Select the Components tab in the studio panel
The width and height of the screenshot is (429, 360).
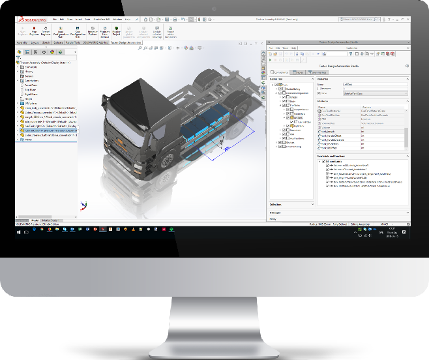click(x=280, y=72)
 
